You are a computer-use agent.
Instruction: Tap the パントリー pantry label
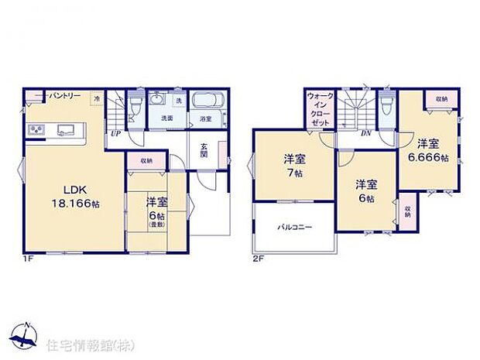pos(65,95)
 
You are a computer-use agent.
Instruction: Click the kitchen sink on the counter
pos(63,129)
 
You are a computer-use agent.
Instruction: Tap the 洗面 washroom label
pos(167,118)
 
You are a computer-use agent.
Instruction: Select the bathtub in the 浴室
pos(205,101)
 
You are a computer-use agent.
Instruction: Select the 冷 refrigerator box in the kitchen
pos(97,98)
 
